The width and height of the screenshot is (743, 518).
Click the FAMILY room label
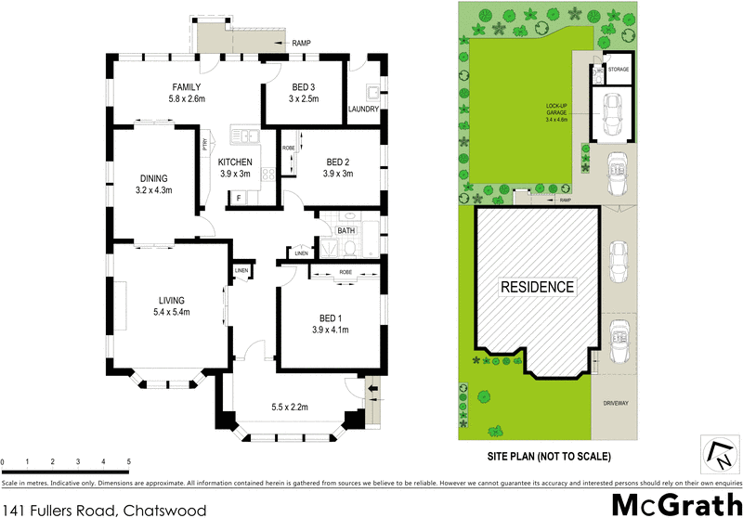185,85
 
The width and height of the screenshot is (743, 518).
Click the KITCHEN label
235,162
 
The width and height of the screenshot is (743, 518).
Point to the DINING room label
154,178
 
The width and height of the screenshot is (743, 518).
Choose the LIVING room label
172,300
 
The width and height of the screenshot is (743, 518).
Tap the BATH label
346,231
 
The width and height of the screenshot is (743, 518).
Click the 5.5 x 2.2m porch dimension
289,406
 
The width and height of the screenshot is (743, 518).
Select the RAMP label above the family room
301,44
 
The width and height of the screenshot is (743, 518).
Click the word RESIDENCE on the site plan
539,286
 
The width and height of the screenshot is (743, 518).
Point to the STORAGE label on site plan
619,70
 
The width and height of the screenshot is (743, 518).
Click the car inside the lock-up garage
613,112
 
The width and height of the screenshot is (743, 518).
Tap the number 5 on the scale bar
128,461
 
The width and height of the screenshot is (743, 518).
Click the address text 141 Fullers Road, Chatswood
103,508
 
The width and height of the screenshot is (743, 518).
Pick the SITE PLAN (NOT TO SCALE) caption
549,456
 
